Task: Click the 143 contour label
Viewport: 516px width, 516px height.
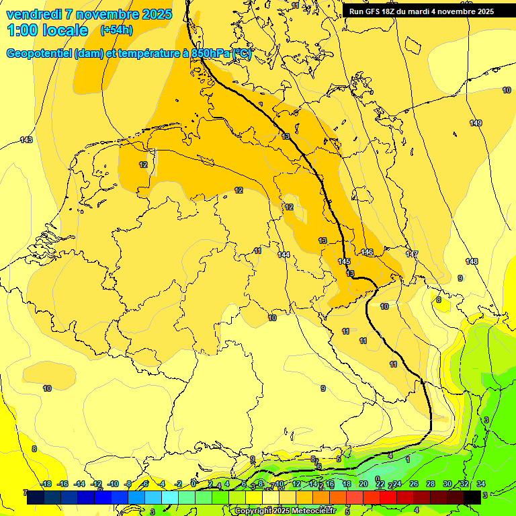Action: coord(26,140)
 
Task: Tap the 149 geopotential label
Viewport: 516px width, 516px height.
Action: coord(476,123)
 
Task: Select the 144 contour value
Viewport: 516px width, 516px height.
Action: coord(284,255)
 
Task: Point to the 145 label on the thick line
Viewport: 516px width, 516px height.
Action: coord(344,261)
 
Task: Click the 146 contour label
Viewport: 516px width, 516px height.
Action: coord(367,252)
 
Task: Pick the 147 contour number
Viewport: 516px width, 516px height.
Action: coord(412,254)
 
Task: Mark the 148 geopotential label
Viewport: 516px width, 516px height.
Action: coord(472,261)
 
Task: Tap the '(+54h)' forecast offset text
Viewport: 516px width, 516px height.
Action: coord(116,30)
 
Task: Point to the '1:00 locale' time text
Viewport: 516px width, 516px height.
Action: coord(47,30)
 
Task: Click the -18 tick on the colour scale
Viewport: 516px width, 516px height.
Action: coord(46,484)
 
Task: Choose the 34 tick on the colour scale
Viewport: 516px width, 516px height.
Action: coord(481,484)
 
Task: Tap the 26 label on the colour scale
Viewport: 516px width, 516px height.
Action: coord(413,484)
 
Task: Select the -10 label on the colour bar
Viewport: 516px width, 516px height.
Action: coord(113,484)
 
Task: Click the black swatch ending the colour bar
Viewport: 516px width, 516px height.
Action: coord(472,497)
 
